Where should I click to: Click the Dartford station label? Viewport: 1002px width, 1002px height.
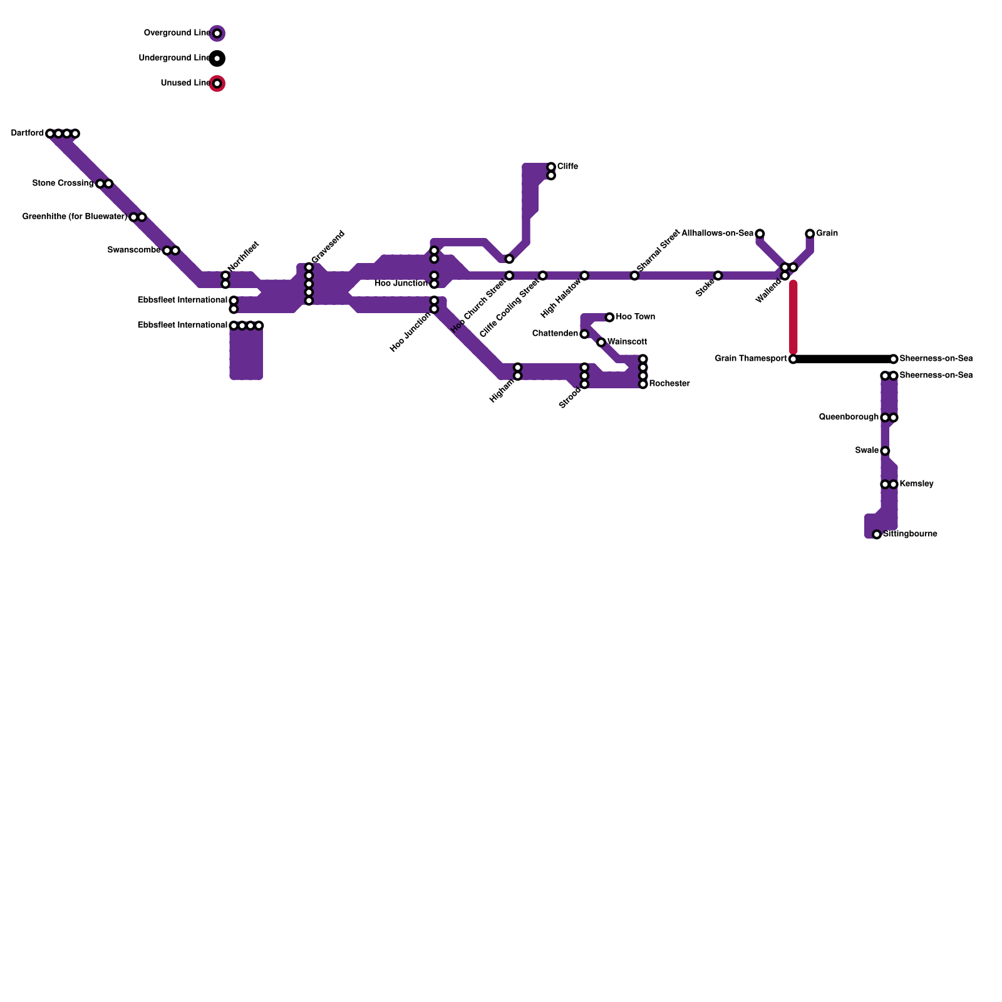pyautogui.click(x=28, y=133)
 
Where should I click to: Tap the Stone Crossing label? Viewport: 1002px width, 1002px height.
pyautogui.click(x=63, y=183)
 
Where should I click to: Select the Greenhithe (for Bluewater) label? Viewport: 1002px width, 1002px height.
pyautogui.click(x=75, y=217)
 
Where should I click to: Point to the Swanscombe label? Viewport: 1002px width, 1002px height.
pyautogui.click(x=134, y=250)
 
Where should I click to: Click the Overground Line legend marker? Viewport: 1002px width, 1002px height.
pyautogui.click(x=217, y=33)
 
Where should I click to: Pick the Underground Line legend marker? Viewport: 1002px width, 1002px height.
pyautogui.click(x=217, y=58)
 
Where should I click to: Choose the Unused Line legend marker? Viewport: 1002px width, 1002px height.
pyautogui.click(x=217, y=83)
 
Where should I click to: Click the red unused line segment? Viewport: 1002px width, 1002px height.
pyautogui.click(x=793, y=316)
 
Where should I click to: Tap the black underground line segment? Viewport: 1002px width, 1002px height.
pyautogui.click(x=843, y=359)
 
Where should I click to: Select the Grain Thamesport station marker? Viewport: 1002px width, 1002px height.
pyautogui.click(x=793, y=359)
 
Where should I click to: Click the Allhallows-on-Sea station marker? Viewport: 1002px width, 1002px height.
pyautogui.click(x=760, y=234)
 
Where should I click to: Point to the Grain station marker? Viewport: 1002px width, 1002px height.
pyautogui.click(x=810, y=234)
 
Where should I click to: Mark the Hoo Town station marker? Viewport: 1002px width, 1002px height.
pyautogui.click(x=609, y=318)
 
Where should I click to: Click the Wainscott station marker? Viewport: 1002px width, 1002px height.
pyautogui.click(x=601, y=343)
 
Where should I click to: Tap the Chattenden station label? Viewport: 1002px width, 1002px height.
pyautogui.click(x=555, y=334)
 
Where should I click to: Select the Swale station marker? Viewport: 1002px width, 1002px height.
pyautogui.click(x=885, y=451)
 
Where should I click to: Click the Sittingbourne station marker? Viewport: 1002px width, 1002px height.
pyautogui.click(x=877, y=535)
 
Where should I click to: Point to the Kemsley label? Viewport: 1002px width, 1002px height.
pyautogui.click(x=916, y=484)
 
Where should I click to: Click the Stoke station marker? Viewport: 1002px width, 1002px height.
pyautogui.click(x=718, y=276)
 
